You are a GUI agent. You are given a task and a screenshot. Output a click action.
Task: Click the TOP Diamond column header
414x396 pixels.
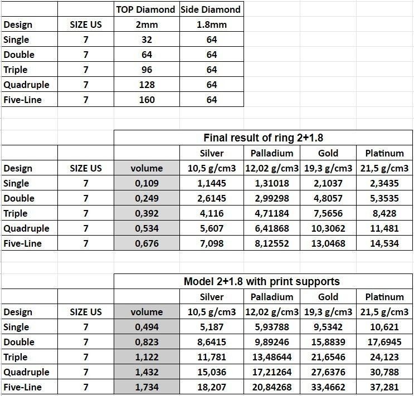click(x=146, y=9)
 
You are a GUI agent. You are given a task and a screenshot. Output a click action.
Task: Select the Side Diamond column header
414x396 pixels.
click(x=211, y=9)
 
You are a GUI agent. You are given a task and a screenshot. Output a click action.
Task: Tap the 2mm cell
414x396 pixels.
click(x=147, y=25)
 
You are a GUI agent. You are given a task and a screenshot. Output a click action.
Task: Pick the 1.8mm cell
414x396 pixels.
click(x=211, y=25)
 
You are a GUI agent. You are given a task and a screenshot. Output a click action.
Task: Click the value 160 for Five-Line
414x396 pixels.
click(x=147, y=100)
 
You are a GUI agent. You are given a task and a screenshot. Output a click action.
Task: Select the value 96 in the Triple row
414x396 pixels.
click(x=147, y=70)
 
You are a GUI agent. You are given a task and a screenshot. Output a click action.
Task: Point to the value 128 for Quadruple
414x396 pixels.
click(x=147, y=85)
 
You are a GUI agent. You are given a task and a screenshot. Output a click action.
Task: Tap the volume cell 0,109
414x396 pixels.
click(x=147, y=183)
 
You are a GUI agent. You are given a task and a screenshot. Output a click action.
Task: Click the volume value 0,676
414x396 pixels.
click(x=147, y=243)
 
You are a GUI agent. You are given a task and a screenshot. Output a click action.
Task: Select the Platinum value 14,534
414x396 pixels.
click(x=384, y=243)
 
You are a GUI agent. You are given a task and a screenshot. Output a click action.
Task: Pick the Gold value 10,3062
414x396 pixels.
click(x=328, y=228)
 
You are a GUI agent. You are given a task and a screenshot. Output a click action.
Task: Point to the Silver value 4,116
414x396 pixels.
click(x=211, y=213)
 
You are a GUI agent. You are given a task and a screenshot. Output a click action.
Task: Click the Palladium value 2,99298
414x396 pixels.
click(x=271, y=198)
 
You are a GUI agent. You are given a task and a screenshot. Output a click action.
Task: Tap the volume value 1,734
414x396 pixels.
click(x=147, y=387)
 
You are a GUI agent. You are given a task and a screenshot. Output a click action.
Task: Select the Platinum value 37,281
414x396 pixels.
click(x=384, y=387)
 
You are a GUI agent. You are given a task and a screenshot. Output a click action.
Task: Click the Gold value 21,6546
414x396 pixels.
click(x=328, y=357)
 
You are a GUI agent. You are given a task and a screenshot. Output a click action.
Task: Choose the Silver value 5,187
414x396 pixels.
click(x=211, y=327)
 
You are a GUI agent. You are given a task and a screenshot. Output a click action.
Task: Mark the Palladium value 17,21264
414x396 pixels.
click(x=271, y=372)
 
